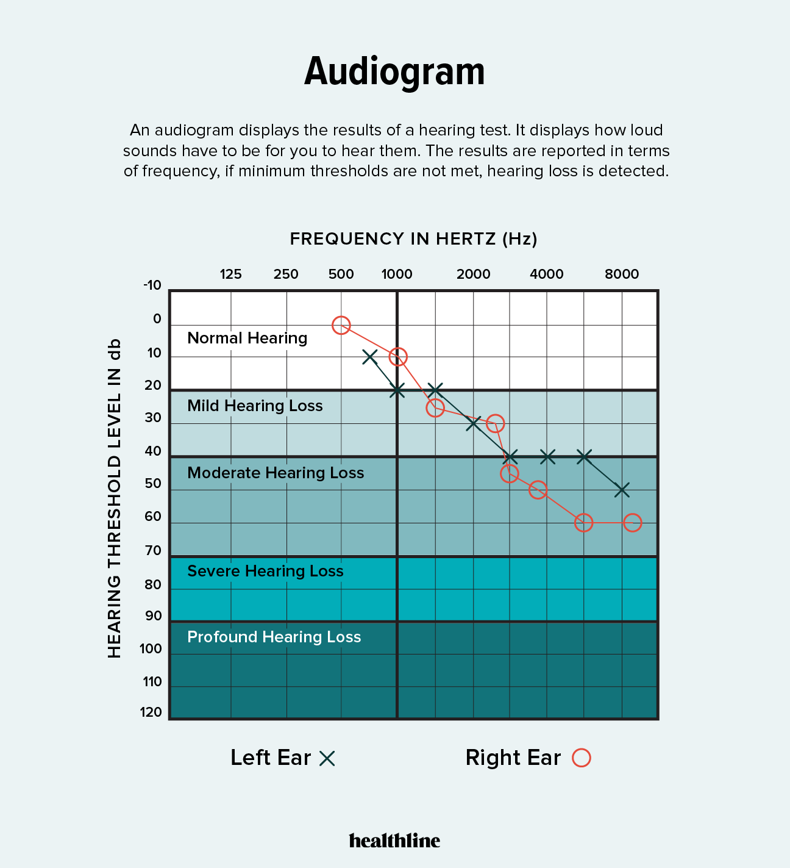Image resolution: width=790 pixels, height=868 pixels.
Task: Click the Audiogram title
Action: coord(394,72)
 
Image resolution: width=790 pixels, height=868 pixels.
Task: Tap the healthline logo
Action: coord(394,841)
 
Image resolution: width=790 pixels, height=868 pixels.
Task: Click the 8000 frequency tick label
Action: coord(622,274)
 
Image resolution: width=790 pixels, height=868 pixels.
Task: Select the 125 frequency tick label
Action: coord(230,274)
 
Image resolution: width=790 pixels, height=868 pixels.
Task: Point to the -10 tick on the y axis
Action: coord(152,285)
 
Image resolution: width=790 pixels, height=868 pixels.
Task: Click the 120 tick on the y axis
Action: coord(151,712)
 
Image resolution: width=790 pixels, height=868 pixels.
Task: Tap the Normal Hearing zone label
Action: coord(247,338)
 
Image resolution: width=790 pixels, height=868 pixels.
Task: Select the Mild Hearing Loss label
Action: coord(255,406)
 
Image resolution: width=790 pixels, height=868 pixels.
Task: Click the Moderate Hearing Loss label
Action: coord(276,473)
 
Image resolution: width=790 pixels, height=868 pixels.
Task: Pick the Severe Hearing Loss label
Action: coord(265,571)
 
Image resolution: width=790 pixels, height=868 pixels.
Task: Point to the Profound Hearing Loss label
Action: coord(274,637)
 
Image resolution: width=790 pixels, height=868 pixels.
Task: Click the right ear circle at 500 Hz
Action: coord(341,325)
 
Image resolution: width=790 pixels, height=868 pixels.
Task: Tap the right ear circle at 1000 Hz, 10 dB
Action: coord(398,357)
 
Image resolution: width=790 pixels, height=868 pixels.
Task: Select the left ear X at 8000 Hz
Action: coord(622,490)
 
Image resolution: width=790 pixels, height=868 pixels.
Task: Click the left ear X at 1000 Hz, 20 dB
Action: coord(397,390)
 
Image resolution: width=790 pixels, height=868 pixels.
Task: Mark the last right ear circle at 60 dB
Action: coord(632,523)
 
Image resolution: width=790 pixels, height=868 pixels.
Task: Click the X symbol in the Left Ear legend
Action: coord(327,758)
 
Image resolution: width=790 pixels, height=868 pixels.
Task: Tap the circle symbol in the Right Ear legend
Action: coord(582,758)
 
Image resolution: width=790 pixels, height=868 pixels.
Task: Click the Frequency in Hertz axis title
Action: coord(413,239)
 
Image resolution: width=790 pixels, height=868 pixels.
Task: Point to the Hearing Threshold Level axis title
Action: coord(115,498)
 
